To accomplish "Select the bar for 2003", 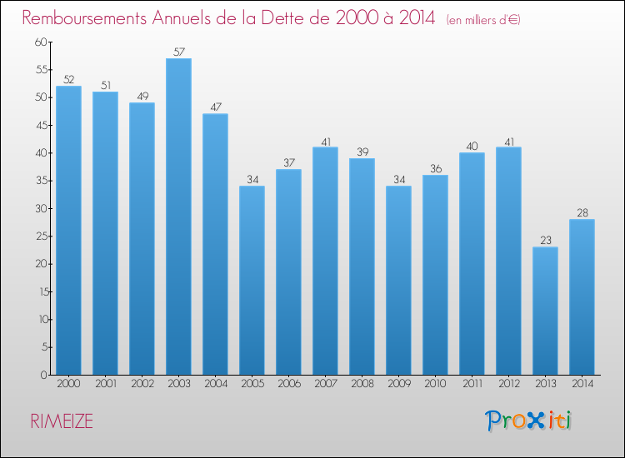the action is click(178, 217).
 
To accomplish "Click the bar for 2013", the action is click(545, 311).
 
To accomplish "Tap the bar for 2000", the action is click(68, 230).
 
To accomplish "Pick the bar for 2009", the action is click(398, 281).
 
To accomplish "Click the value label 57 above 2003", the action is click(179, 52).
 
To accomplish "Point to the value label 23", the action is click(546, 240).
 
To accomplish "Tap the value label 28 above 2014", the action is click(582, 212).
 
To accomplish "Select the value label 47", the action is click(216, 107).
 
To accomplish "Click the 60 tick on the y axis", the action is click(41, 42).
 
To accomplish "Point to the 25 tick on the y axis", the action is click(42, 236).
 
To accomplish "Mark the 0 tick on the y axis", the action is click(44, 375).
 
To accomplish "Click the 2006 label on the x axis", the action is click(289, 384).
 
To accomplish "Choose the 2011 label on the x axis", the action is click(472, 384).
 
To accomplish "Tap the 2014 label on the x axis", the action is click(582, 384).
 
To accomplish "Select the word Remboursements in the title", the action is click(84, 17).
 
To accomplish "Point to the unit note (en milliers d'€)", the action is click(483, 19).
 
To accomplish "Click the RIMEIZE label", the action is click(62, 421).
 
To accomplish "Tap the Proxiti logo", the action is click(528, 421).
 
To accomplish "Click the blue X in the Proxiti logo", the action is click(535, 421).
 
